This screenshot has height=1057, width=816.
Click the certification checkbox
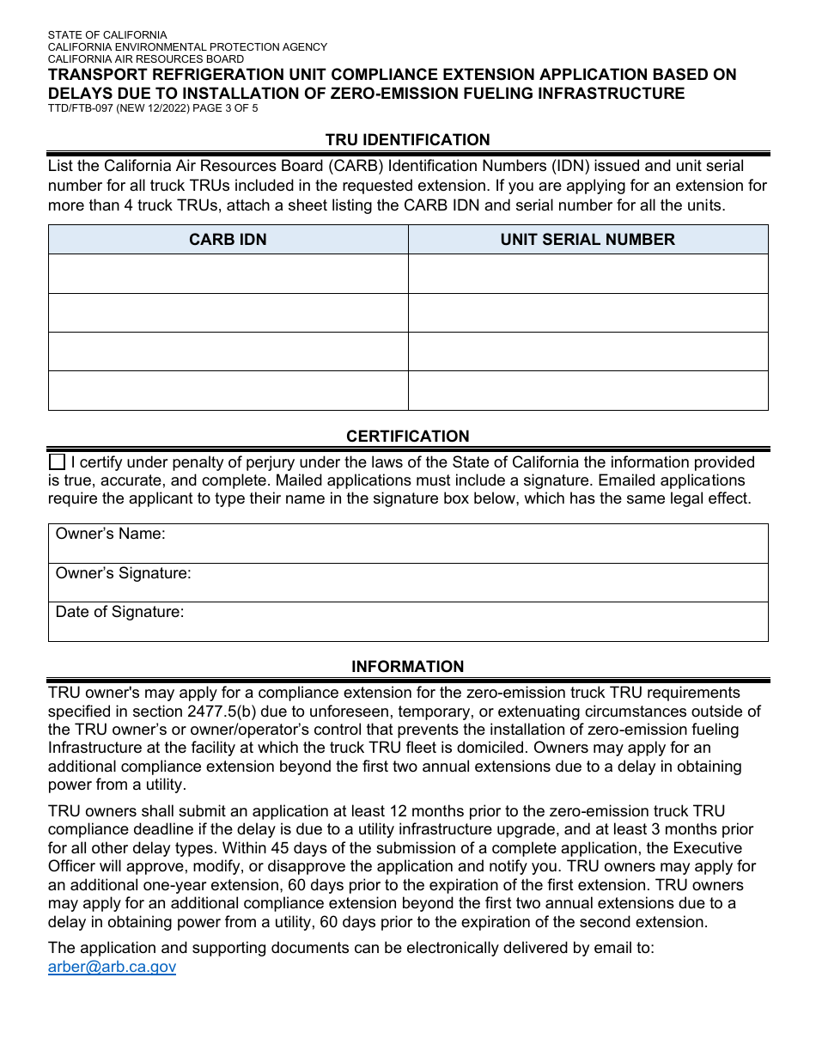pos(57,462)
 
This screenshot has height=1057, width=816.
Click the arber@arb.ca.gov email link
pos(112,967)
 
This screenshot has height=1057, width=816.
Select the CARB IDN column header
pos(228,240)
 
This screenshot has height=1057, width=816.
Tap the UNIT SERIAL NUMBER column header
pos(588,240)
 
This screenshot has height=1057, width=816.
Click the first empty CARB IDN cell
pos(228,274)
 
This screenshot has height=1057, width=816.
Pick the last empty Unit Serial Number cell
pos(588,390)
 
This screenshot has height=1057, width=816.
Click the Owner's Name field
pos(464,543)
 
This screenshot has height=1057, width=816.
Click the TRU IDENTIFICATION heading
pos(407,140)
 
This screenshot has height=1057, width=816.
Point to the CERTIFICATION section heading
pos(407,437)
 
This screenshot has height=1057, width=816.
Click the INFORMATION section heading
pos(407,667)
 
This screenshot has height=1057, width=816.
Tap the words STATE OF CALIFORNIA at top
pos(107,35)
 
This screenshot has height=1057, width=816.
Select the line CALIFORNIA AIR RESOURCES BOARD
pos(145,59)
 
